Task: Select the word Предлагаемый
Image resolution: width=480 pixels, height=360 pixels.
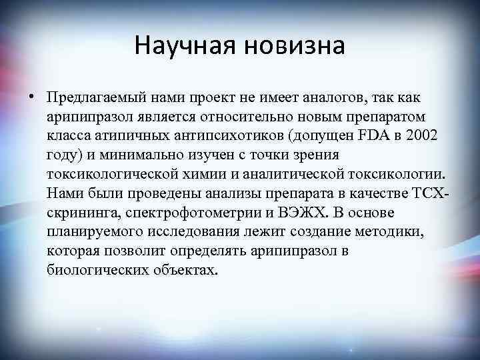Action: click(89, 99)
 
